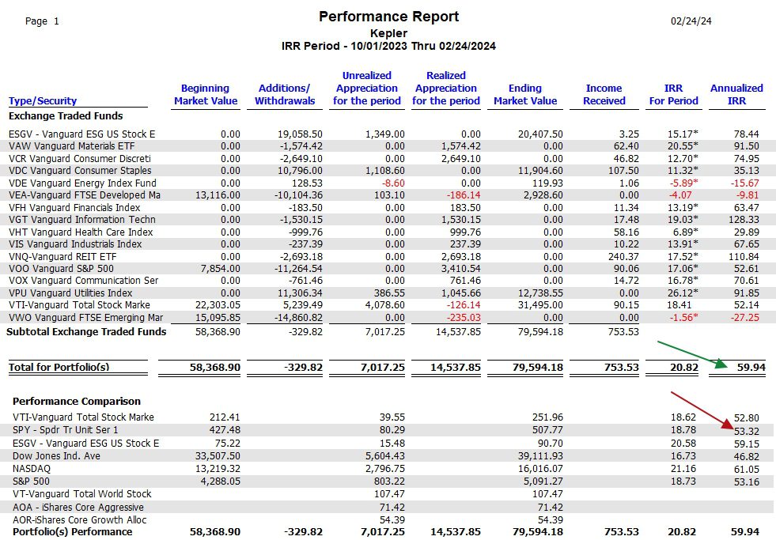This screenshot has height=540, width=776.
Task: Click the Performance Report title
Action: click(388, 17)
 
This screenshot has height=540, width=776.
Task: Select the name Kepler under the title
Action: click(388, 34)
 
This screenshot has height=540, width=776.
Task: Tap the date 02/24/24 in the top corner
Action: click(691, 21)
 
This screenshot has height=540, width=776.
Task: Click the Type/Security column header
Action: click(43, 101)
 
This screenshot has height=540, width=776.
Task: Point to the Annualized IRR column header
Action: click(736, 94)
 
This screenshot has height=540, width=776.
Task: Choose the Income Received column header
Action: click(604, 94)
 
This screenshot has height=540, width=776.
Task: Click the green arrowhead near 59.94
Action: click(721, 364)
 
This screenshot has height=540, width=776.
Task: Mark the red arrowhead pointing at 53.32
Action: click(728, 424)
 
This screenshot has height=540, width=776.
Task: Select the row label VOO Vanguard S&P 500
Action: click(61, 269)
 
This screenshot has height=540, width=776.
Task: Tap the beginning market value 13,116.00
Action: click(218, 195)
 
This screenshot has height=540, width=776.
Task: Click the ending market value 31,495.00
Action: click(540, 305)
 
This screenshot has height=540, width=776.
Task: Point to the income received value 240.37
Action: click(623, 257)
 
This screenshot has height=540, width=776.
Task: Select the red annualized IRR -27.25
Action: click(745, 318)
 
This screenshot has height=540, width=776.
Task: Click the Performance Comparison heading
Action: click(77, 401)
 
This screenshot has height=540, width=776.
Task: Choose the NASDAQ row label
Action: click(32, 468)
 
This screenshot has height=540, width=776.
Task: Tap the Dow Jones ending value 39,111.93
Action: click(540, 456)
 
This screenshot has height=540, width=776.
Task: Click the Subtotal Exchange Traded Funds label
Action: click(86, 332)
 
